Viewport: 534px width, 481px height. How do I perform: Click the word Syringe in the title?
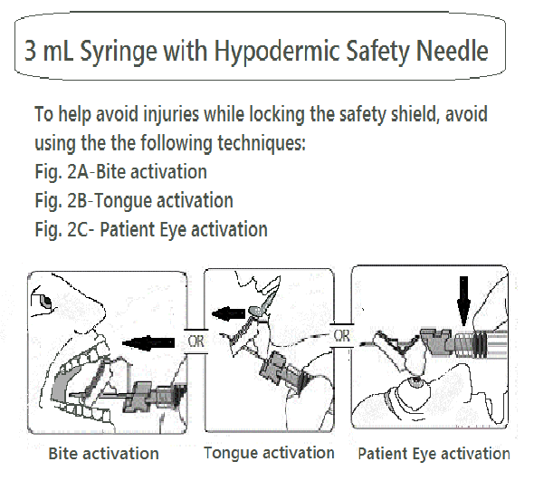[119, 52]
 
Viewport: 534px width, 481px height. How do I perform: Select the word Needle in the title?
[452, 50]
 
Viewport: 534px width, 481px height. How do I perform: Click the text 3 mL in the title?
[49, 51]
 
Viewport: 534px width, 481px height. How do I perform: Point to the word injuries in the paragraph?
[171, 114]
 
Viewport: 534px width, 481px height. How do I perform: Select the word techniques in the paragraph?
[262, 142]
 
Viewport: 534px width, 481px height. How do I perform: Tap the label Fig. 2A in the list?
[62, 172]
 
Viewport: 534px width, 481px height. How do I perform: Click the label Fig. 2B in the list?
[62, 201]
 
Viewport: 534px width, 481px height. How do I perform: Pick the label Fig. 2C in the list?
[62, 229]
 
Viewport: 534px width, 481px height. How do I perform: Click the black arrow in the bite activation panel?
[148, 342]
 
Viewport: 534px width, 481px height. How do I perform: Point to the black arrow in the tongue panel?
[228, 313]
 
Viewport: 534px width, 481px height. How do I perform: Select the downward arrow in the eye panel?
[463, 301]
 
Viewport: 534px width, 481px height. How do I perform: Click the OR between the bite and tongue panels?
[195, 342]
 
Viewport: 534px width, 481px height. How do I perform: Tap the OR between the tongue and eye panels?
[341, 336]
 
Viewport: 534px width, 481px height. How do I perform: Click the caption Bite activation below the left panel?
[103, 454]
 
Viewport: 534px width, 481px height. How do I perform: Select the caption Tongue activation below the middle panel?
[269, 453]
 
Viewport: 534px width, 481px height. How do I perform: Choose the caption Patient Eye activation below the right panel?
[434, 454]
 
